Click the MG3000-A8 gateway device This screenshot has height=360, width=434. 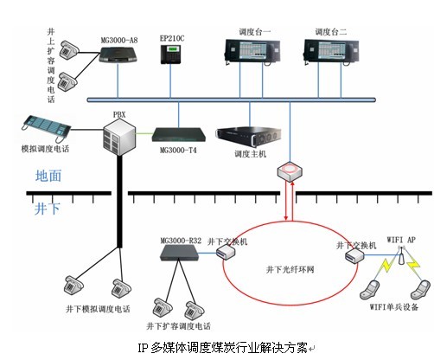(x=118, y=55)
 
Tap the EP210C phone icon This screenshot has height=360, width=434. (x=170, y=54)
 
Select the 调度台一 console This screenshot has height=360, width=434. (x=252, y=51)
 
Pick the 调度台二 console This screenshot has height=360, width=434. (x=331, y=51)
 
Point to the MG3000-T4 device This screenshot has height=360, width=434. (x=179, y=135)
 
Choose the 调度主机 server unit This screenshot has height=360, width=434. (x=248, y=137)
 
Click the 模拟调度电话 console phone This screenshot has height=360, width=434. (x=46, y=128)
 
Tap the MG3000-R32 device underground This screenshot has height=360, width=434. (x=180, y=253)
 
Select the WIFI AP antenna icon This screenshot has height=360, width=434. (x=401, y=255)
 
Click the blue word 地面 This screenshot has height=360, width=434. (x=48, y=176)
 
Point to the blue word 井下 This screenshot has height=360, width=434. (x=48, y=209)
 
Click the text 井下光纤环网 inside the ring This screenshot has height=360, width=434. (x=290, y=269)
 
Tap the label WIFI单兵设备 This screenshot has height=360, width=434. (x=394, y=306)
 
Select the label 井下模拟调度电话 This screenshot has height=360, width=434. (x=98, y=309)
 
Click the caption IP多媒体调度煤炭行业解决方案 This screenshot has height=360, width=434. (x=222, y=348)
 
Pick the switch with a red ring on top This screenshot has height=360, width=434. (x=290, y=171)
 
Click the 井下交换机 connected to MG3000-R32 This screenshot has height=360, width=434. (x=226, y=252)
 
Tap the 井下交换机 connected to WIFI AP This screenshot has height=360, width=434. (x=354, y=255)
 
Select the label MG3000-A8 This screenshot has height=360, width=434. (x=119, y=40)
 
